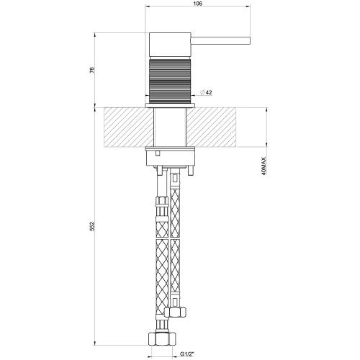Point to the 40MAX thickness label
pos(266,168)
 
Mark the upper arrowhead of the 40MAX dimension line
pos(266,110)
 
